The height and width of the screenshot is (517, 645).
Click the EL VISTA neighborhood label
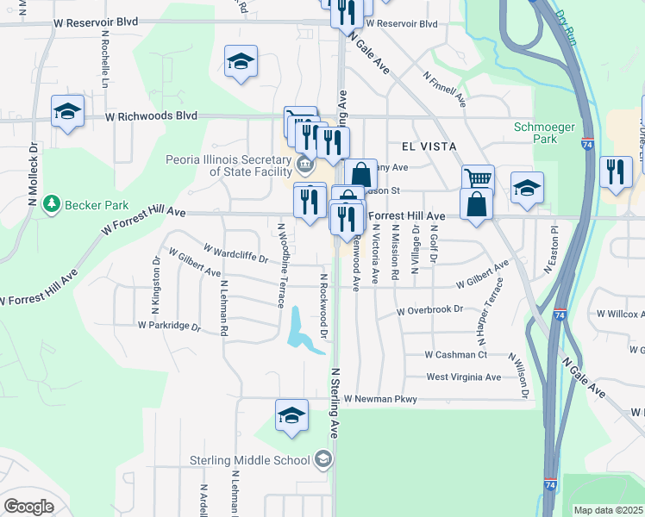point(427,146)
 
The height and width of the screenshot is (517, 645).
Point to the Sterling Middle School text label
point(250,460)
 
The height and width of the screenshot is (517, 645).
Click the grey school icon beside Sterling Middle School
point(322,460)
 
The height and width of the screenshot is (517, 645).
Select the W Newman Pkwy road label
point(380,399)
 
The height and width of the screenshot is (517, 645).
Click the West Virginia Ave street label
point(463,377)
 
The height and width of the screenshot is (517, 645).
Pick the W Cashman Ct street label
point(456,354)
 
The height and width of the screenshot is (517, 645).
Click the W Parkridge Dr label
point(169,326)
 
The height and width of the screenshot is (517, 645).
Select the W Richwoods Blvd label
point(152,115)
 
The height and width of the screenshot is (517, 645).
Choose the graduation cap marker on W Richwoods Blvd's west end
point(67,111)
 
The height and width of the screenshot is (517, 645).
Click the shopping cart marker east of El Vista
point(478,178)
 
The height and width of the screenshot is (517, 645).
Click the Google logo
point(28,507)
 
